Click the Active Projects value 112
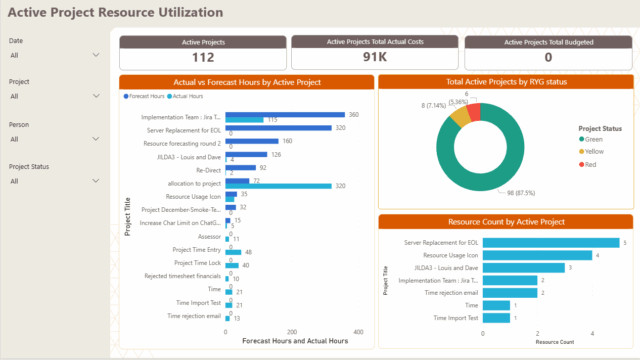pyautogui.click(x=203, y=58)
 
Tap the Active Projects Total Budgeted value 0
pyautogui.click(x=548, y=58)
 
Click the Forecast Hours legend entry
pyautogui.click(x=147, y=96)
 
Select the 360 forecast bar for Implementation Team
pyautogui.click(x=286, y=115)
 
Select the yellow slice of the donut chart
pyautogui.click(x=460, y=117)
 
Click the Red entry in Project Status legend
pyautogui.click(x=592, y=165)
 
